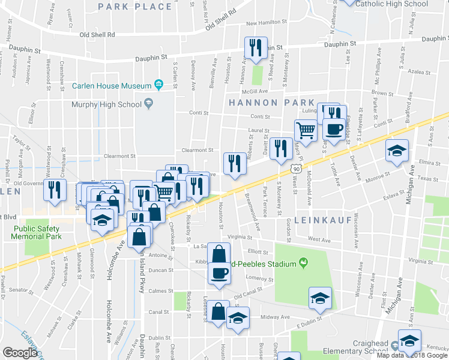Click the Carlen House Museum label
[111, 86]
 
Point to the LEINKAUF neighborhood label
[317, 220]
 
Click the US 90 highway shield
[296, 170]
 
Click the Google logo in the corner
[20, 353]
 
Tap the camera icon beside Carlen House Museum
[158, 83]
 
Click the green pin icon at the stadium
[304, 263]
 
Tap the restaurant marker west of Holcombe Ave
[55, 190]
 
